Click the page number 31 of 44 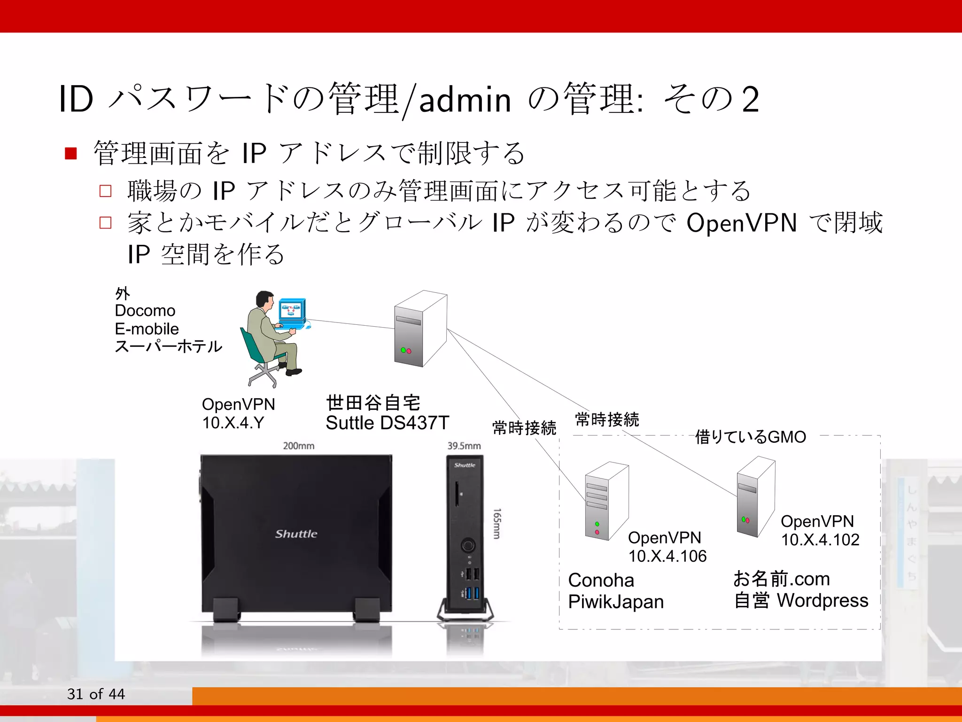click(x=96, y=694)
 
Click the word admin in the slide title click(x=465, y=100)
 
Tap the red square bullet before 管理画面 click(x=71, y=154)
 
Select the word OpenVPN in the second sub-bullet click(x=742, y=223)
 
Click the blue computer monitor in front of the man click(x=292, y=311)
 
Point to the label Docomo click(x=145, y=311)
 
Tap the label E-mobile click(x=147, y=329)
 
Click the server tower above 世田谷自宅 click(x=420, y=329)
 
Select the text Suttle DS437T click(x=388, y=423)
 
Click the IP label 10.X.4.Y click(x=233, y=423)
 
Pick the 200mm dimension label click(x=299, y=446)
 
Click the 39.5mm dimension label click(x=464, y=446)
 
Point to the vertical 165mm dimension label click(x=497, y=523)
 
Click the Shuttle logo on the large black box click(x=296, y=534)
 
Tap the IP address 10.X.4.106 click(x=667, y=556)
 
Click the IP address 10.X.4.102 click(x=820, y=540)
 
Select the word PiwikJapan click(x=616, y=602)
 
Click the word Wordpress click(x=822, y=600)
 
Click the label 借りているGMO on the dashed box click(x=750, y=437)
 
